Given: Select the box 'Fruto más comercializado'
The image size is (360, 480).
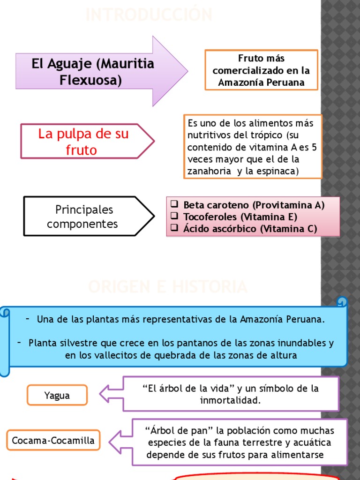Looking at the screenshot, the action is [x=261, y=70].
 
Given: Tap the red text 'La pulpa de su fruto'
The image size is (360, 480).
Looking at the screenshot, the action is [x=83, y=142].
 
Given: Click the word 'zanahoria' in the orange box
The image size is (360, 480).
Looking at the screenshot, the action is [x=209, y=171].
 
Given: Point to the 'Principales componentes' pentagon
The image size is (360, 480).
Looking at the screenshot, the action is [x=83, y=216].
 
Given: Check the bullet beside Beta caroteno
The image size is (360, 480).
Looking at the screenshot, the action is [x=174, y=205].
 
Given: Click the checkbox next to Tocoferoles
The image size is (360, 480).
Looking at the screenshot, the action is [x=174, y=217].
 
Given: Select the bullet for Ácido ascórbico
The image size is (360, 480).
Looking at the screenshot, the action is [x=174, y=229].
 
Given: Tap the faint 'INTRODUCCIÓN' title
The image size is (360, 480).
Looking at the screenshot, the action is [x=149, y=15].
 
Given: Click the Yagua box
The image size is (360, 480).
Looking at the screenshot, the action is [x=57, y=395].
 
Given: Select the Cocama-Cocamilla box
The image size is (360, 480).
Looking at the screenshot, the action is [x=53, y=441].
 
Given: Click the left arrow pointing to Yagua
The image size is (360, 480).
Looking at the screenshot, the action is [x=111, y=393].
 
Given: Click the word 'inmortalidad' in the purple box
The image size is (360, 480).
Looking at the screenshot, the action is [x=230, y=401].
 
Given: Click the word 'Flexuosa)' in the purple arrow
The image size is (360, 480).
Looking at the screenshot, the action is [x=90, y=80].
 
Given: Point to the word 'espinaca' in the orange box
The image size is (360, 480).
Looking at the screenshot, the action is [x=279, y=171].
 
